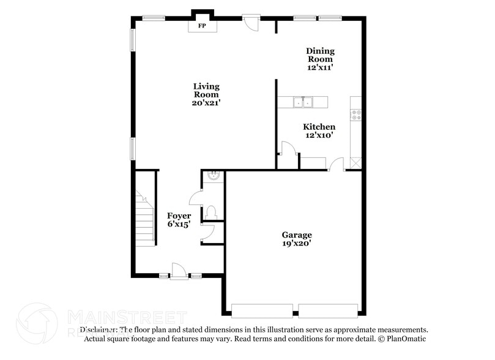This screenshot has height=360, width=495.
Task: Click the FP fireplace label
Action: pos(202,26)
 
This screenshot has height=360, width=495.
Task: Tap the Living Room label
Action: pos(206,91)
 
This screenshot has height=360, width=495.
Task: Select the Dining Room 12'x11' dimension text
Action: pos(321,68)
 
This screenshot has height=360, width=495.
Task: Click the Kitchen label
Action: pos(319,127)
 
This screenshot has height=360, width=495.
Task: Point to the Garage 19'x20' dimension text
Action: pos(297,243)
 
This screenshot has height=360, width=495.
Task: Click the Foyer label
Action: pos(179,216)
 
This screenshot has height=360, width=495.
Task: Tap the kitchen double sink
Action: pos(302,102)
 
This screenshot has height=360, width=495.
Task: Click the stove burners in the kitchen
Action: pos(356,114)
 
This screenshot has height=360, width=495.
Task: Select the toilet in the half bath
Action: pos(212,212)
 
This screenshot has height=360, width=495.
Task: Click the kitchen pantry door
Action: pos(286,148)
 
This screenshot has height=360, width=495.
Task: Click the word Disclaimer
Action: pos(100,329)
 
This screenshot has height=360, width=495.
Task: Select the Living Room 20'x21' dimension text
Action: pos(206,103)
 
